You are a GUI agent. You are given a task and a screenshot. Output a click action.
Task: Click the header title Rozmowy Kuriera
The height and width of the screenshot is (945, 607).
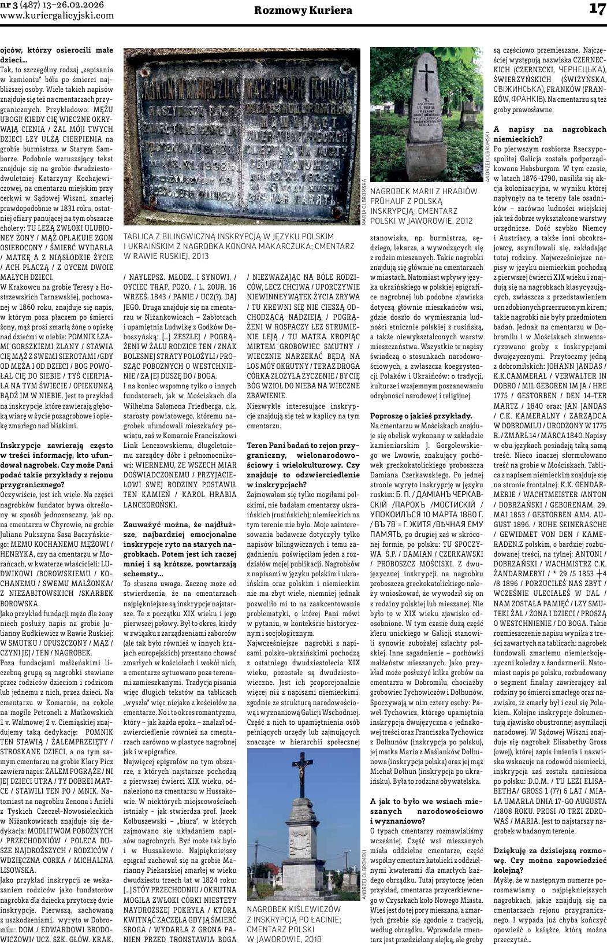pos(303,10)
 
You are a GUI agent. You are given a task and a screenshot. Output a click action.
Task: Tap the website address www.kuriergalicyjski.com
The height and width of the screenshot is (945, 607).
pos(57,16)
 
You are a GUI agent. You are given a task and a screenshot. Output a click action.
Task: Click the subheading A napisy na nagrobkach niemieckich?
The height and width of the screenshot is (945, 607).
pos(549,134)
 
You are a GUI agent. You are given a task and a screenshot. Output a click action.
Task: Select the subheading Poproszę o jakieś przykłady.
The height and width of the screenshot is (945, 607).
pos(421,416)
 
